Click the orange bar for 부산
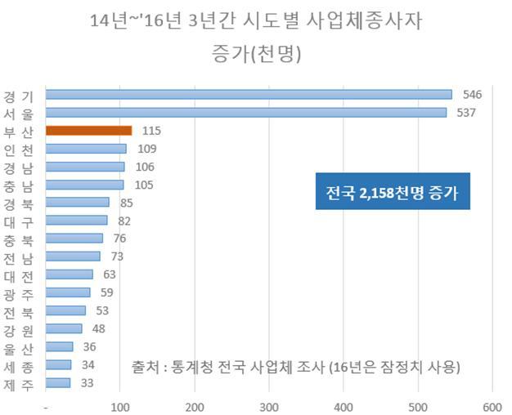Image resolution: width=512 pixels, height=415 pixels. pos(89,131)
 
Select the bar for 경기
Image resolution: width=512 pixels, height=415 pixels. pos(249,95)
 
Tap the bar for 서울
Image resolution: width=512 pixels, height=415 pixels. pos(246,113)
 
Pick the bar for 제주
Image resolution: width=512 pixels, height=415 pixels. pos(58,383)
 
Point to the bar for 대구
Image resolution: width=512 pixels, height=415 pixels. pos(76,221)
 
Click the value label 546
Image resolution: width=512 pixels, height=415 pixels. pos(472,95)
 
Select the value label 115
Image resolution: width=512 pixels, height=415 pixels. pos(151,131)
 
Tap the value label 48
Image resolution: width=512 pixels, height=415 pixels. pos(99,329)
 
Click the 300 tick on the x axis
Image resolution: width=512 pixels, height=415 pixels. pos(269,408)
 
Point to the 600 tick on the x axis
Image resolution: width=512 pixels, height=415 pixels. pos(492,408)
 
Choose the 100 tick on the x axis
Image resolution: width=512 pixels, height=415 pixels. pos(120,408)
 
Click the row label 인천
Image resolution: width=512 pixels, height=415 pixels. pos(18,150)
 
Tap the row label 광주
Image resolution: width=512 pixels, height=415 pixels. pos(18,295)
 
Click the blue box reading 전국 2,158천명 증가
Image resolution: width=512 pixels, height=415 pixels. pos(393,191)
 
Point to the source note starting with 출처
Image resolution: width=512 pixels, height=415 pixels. pos(296,367)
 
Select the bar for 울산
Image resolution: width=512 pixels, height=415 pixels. pos(60,346)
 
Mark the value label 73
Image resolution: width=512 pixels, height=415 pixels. pos(117,257)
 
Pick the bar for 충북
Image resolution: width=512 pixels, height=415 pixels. pos(74,239)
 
